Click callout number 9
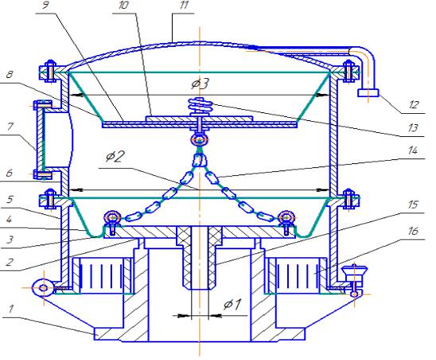(x=45, y=6)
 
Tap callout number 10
(x=123, y=5)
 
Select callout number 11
(x=184, y=5)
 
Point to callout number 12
(x=414, y=104)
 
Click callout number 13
(x=413, y=127)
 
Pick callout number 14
(x=413, y=151)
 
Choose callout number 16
(x=413, y=230)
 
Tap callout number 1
(x=10, y=308)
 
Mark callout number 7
(x=10, y=127)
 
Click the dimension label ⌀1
(x=233, y=304)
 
